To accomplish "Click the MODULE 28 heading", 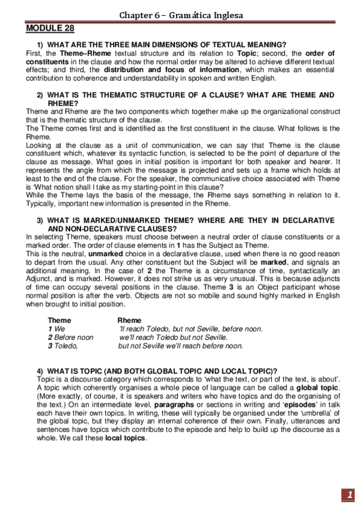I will coord(50,28).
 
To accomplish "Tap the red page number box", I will coord(348,494).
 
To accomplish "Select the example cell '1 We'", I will coord(56,329).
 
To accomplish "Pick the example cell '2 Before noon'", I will coord(70,337).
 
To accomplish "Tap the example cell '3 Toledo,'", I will coord(63,346).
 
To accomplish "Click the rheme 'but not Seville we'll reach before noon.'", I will coord(180,346).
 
